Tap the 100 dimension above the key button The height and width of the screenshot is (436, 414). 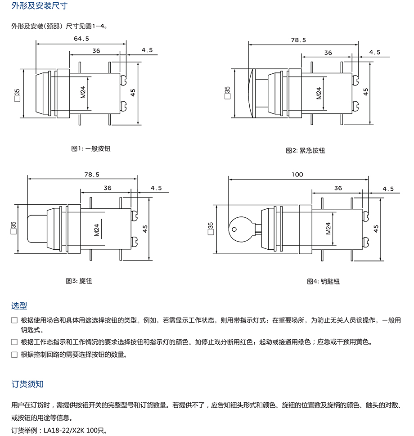point(297,175)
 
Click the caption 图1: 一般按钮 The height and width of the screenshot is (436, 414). point(91,148)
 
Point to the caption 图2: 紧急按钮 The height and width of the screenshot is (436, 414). point(305,150)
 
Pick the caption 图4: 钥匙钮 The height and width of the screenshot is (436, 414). point(323,281)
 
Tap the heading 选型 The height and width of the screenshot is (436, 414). point(19,306)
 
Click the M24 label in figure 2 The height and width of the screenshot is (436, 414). point(319,93)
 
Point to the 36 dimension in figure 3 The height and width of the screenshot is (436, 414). point(108,188)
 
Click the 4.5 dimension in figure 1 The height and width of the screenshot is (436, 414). point(147,50)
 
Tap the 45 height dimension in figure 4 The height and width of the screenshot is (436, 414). point(376,228)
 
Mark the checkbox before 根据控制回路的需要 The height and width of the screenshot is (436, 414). point(14,355)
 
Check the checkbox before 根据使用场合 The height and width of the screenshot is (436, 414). point(14,320)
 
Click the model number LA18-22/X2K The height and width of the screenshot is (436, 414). point(63,430)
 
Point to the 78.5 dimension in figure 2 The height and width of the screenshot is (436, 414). point(298,40)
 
